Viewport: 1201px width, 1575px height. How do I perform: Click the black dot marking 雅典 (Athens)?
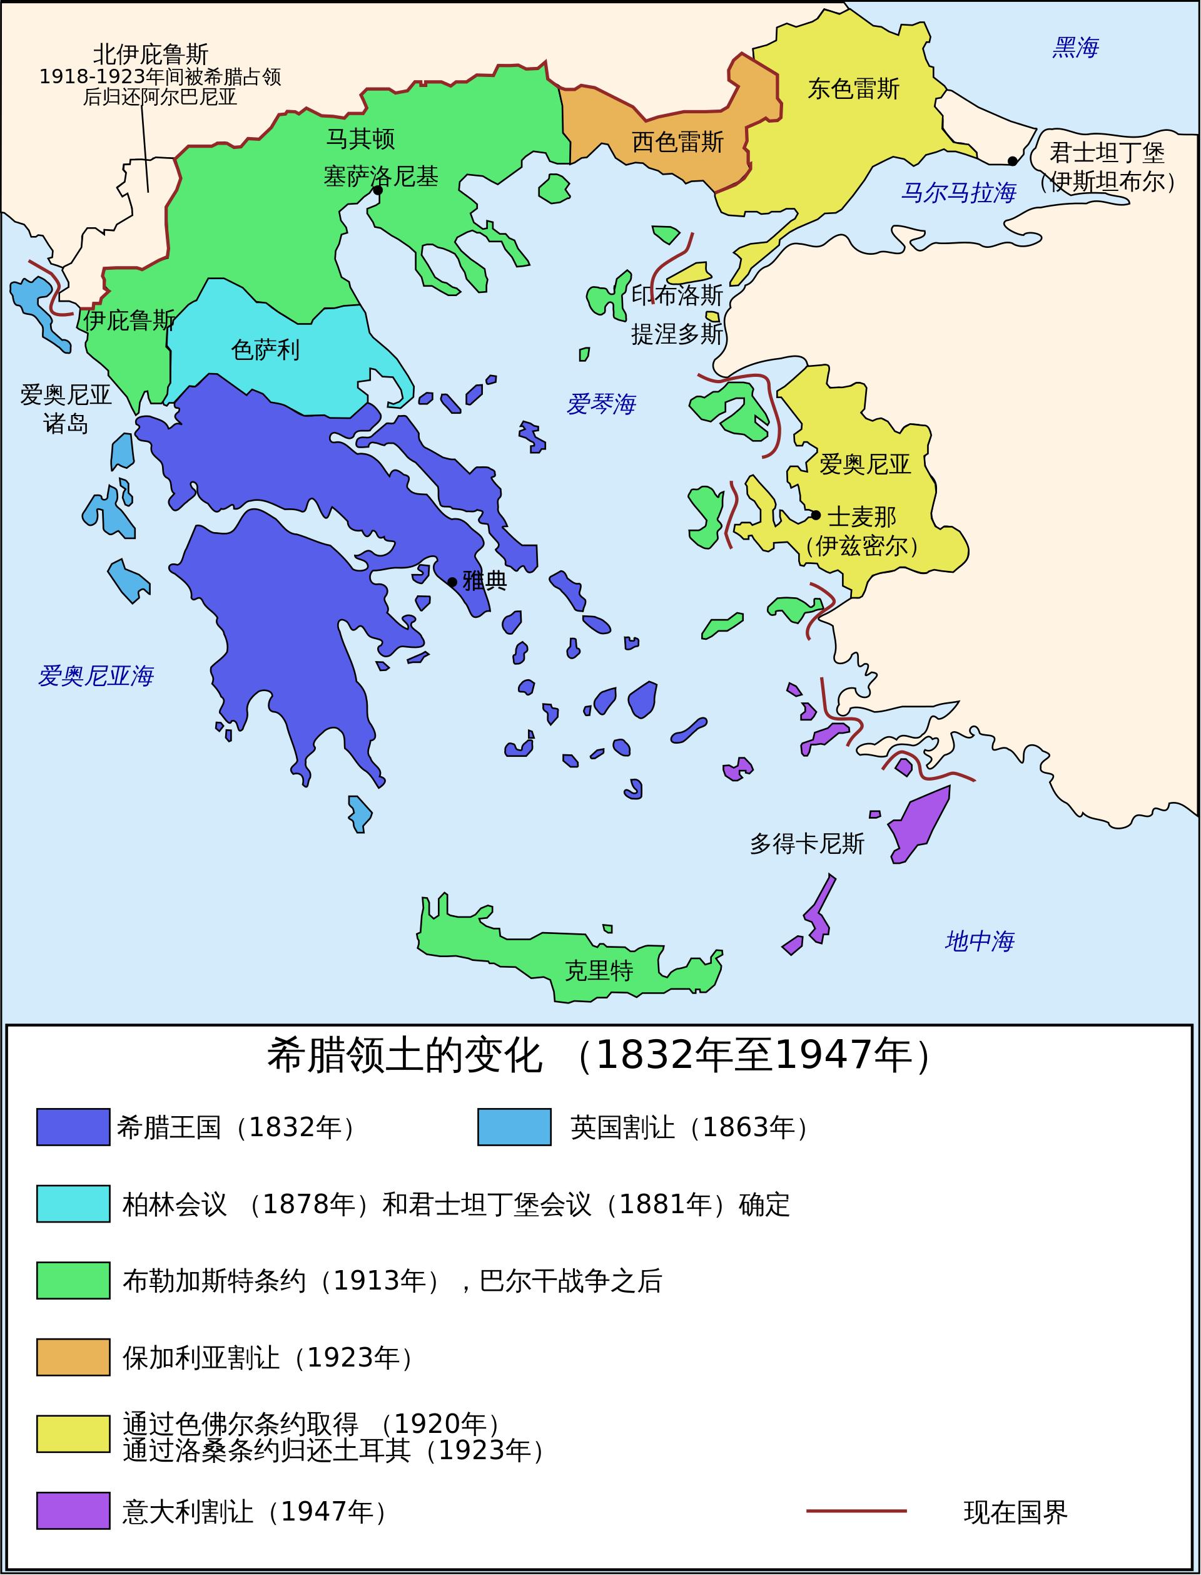(x=452, y=582)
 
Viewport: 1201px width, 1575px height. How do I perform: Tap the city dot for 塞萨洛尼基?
(x=377, y=190)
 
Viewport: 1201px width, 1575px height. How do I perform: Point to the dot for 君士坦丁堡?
(x=1011, y=161)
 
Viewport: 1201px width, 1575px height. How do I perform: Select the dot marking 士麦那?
(x=816, y=515)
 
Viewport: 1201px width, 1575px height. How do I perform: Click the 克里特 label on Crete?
(x=599, y=971)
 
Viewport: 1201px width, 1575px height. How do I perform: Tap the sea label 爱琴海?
(x=600, y=404)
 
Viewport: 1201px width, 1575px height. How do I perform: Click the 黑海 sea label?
(x=1075, y=48)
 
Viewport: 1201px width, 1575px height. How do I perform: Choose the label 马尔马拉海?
(x=958, y=192)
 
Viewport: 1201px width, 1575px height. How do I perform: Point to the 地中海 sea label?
(x=979, y=941)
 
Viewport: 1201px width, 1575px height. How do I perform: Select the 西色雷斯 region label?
(x=677, y=141)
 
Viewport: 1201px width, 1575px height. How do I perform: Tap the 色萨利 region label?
(x=265, y=350)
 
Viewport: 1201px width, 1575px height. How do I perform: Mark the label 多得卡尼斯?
(x=806, y=844)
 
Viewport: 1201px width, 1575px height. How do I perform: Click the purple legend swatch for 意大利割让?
(x=73, y=1511)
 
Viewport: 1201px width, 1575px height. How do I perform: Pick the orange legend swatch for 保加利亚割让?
(x=73, y=1358)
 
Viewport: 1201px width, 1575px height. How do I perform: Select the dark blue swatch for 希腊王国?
(x=73, y=1127)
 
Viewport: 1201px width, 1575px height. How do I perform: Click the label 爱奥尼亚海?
(x=95, y=675)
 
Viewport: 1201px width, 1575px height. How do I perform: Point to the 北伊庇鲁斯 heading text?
(x=151, y=54)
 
